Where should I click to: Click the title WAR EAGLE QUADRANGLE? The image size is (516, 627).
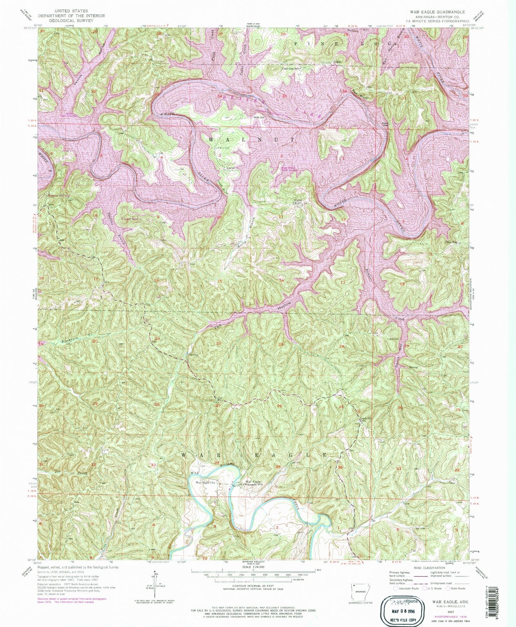click(435, 12)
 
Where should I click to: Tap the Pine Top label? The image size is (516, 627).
click(451, 242)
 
